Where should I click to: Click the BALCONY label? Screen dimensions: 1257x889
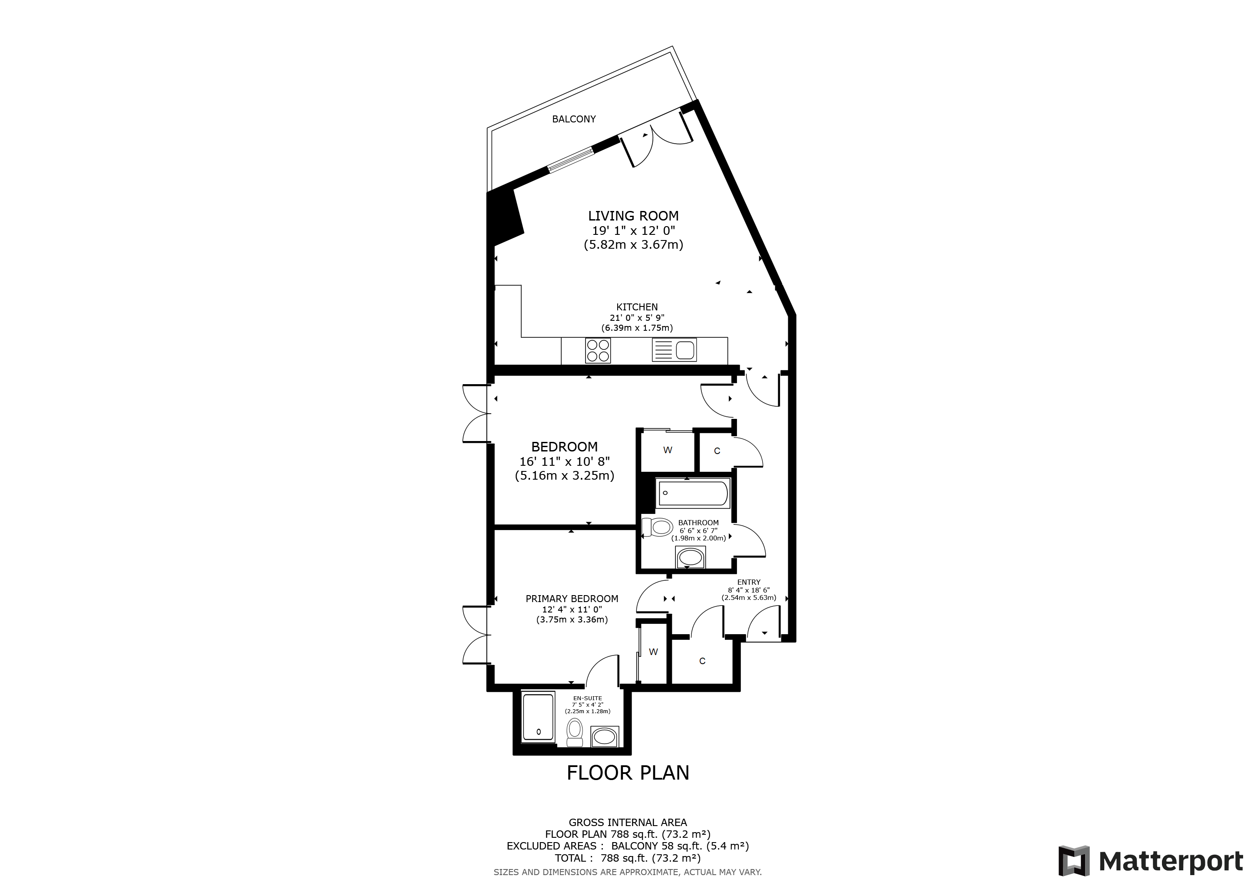[x=574, y=119]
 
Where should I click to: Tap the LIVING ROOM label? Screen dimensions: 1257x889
[x=633, y=216]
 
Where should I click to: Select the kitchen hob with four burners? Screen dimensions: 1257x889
[x=598, y=350]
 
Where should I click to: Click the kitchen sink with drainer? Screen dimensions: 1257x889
[x=674, y=350]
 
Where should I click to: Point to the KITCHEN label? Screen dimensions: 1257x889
[x=637, y=307]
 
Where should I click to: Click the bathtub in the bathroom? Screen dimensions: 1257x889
[x=693, y=493]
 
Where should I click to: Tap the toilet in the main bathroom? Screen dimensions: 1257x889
[x=658, y=527]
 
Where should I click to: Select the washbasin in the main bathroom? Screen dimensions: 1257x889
[x=691, y=558]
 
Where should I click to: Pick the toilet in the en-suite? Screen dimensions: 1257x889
[x=575, y=732]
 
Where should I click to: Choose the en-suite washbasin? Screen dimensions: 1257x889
[x=605, y=736]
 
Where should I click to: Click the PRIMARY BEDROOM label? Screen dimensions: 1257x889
[x=572, y=599]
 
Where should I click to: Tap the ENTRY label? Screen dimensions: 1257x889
[x=749, y=583]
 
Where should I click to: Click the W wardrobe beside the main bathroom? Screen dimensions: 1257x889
[x=668, y=451]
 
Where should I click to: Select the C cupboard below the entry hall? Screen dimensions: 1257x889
[x=702, y=661]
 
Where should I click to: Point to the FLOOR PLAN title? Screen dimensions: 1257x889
[x=628, y=773]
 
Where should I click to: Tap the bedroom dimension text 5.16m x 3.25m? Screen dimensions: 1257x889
[x=564, y=476]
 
